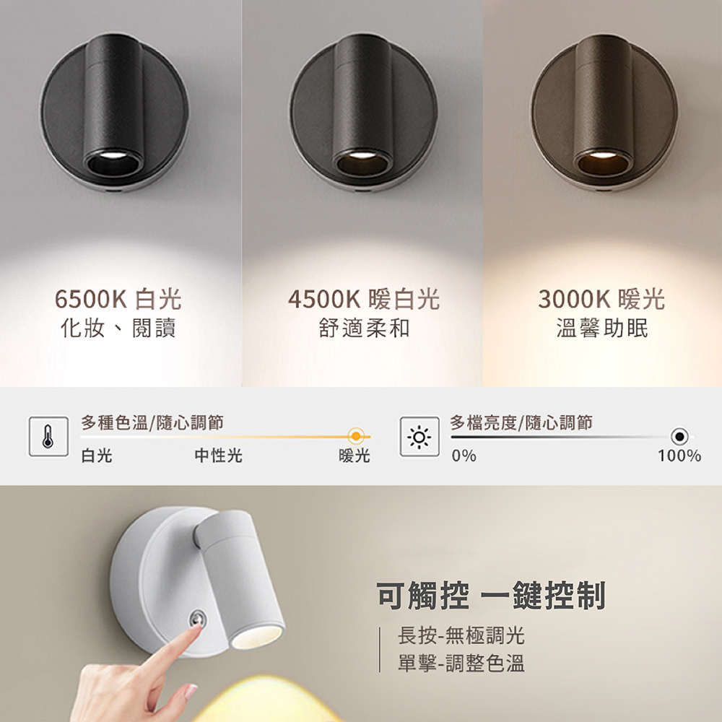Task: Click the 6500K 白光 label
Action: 118,299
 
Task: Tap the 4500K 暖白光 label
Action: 363,299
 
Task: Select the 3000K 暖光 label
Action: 601,299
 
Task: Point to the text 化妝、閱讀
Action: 118,329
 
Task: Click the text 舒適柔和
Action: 364,329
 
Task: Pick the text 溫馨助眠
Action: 602,329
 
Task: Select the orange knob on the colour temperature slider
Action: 355,436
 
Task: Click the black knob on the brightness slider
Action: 679,436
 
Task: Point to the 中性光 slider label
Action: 218,456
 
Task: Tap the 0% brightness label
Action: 464,456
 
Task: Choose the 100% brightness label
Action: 679,456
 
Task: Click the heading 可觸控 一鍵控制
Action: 491,596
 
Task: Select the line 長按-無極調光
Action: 461,636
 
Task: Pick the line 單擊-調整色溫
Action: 461,663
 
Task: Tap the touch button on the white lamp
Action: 196,619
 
